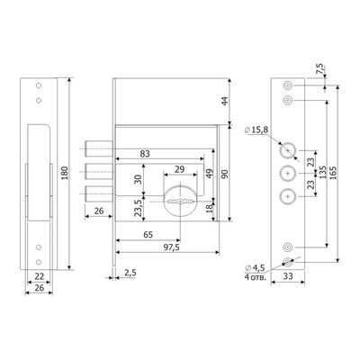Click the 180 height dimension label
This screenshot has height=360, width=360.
pos(66,173)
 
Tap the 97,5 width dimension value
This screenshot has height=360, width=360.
pos(170,247)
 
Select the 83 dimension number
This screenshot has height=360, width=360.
pos(145,154)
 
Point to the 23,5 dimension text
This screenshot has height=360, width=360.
pos(138,208)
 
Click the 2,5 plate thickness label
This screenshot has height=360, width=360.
pos(130,273)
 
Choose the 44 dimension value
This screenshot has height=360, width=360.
pos(224,101)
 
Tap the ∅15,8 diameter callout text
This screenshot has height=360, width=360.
pos(256,130)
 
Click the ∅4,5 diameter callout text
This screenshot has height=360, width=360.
pos(255,267)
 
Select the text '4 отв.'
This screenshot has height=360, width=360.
pos(255,277)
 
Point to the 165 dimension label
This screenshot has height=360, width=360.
pos(333,172)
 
